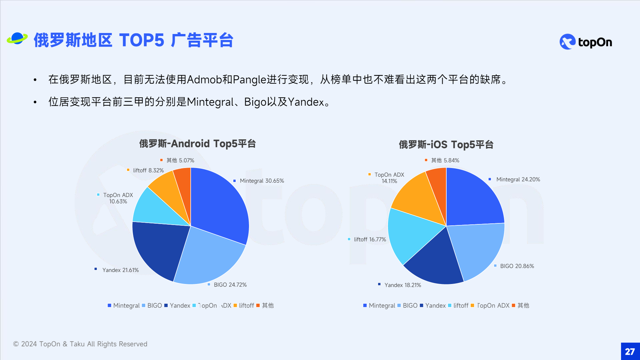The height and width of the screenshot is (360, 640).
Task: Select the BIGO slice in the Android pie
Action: [x=208, y=257]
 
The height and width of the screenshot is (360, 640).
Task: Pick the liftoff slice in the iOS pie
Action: [x=408, y=233]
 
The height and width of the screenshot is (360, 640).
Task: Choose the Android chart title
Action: [x=197, y=144]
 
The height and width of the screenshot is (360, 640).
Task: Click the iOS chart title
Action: [x=446, y=145]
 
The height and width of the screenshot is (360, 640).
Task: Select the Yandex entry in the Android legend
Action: [x=177, y=305]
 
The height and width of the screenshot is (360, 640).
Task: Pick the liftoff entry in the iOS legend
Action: [x=458, y=305]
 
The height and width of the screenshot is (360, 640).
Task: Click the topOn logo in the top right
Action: [x=586, y=42]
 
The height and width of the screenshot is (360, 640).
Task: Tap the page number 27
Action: [x=630, y=351]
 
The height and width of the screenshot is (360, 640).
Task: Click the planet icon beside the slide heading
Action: [x=17, y=39]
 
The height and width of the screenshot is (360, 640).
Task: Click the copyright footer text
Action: [x=80, y=344]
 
